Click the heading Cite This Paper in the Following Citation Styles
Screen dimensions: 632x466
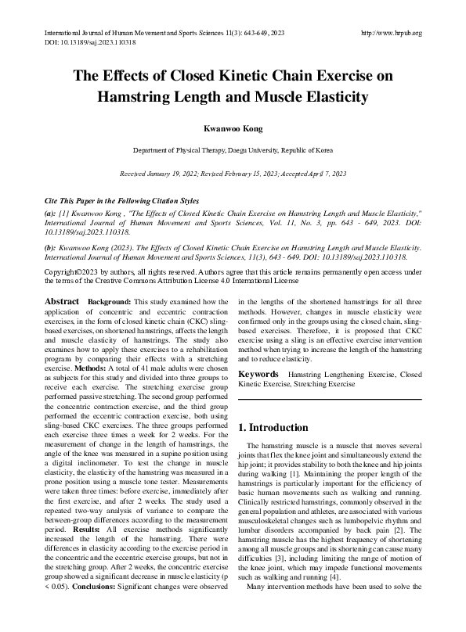121,202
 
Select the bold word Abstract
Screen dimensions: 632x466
61,301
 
